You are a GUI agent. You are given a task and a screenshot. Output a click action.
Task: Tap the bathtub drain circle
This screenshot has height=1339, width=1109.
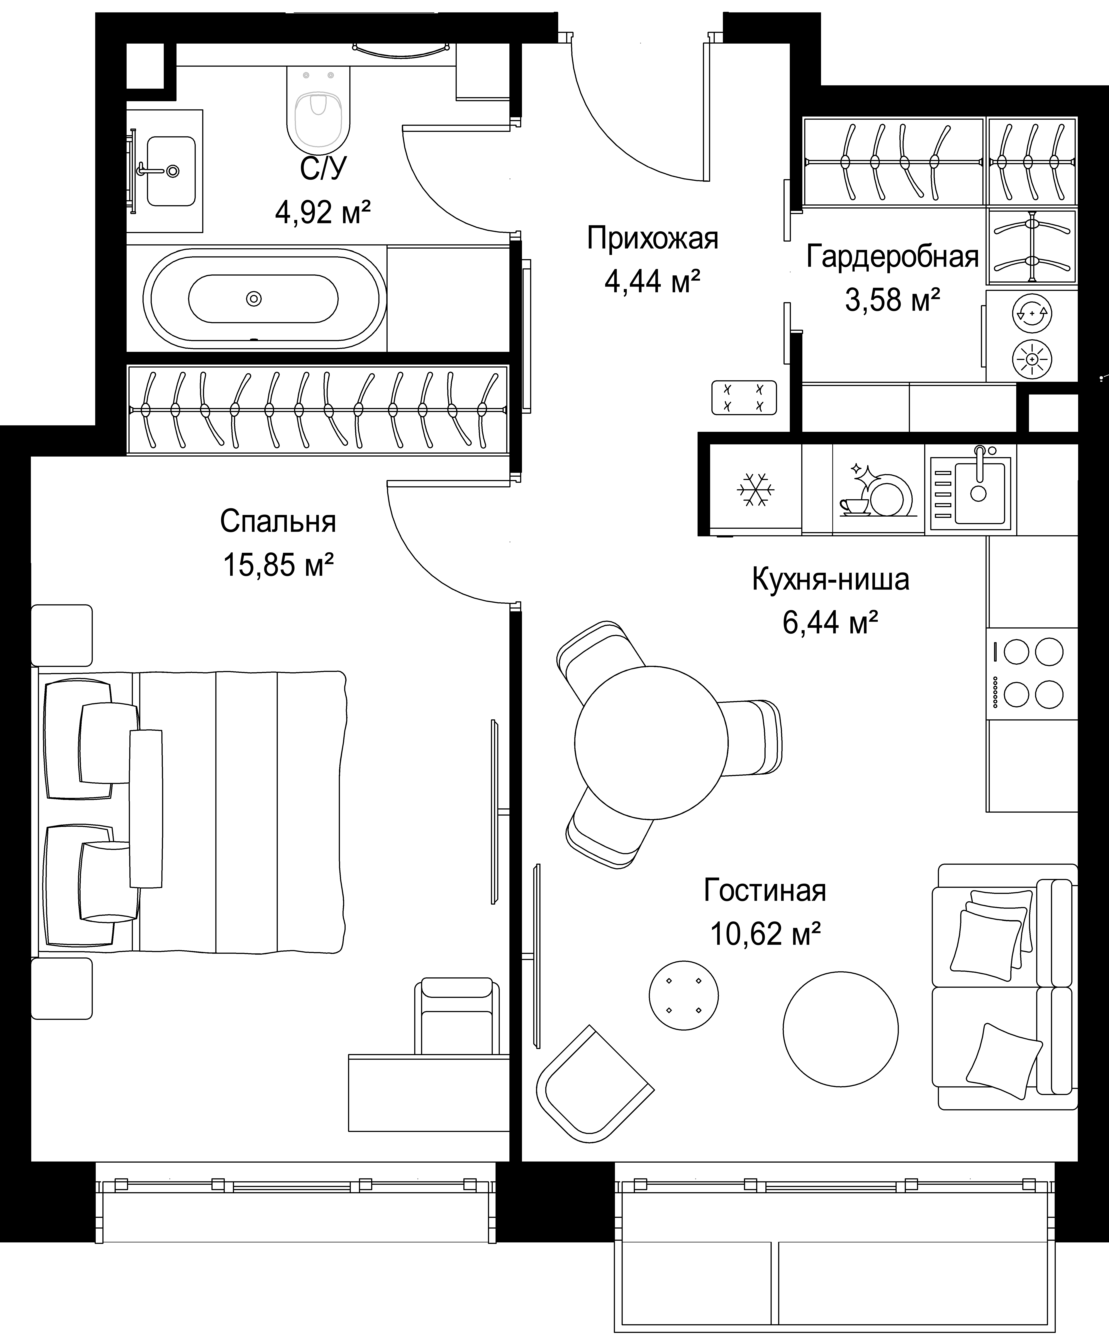pyautogui.click(x=254, y=298)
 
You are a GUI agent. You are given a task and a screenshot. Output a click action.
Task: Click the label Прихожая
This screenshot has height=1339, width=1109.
pyautogui.click(x=652, y=238)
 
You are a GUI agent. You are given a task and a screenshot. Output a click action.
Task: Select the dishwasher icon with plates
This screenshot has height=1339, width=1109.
pyautogui.click(x=877, y=490)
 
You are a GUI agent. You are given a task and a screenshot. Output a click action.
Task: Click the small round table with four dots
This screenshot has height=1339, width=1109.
pyautogui.click(x=683, y=995)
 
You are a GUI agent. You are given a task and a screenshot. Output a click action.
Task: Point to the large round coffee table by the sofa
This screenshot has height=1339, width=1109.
pyautogui.click(x=841, y=1029)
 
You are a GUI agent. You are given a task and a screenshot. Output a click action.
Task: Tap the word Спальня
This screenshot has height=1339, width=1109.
pyautogui.click(x=278, y=522)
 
